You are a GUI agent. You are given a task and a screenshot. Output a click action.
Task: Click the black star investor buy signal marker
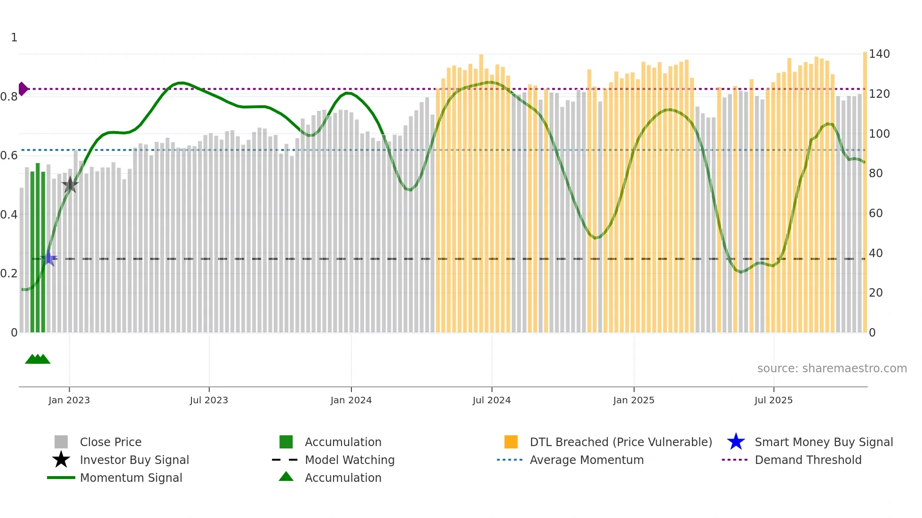70,185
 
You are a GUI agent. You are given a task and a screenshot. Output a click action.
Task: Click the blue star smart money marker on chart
49,258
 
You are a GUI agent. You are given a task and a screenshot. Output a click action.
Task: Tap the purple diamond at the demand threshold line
23,89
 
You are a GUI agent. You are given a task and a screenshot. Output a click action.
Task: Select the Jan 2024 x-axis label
351,400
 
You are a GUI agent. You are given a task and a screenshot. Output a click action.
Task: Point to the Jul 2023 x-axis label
209,400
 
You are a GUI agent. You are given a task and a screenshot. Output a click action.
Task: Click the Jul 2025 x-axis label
773,400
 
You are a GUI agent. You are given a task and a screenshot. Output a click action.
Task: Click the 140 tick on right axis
879,54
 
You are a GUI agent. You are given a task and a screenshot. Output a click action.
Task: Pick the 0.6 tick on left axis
9,156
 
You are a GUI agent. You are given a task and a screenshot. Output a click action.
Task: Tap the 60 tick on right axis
875,213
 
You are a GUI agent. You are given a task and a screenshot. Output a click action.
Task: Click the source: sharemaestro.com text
832,369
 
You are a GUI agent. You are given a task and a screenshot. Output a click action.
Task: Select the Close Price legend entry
111,442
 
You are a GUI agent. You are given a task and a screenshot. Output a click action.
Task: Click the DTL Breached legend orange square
511,442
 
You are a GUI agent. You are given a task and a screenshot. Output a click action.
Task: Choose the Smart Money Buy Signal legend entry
823,442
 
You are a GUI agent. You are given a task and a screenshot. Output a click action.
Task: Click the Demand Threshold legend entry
808,460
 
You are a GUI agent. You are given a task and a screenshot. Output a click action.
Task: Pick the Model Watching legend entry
349,460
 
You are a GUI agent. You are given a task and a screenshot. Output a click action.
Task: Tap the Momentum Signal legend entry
131,478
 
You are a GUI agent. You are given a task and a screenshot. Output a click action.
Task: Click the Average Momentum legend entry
586,460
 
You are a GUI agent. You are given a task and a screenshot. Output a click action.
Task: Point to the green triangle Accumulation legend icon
286,477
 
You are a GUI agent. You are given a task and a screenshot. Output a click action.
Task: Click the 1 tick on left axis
14,38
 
